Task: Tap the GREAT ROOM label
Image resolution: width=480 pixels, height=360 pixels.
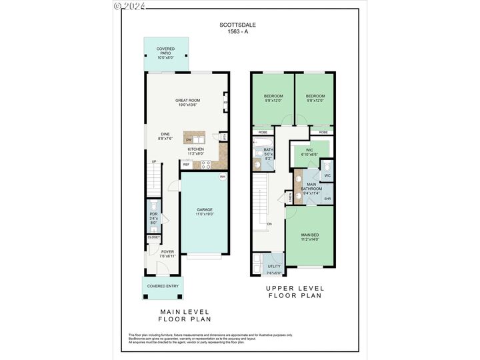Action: click(x=188, y=101)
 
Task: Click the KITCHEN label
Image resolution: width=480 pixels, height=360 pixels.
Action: click(x=195, y=149)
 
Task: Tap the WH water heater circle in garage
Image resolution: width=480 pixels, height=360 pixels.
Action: click(x=222, y=177)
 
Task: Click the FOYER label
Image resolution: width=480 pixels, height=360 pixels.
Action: click(x=167, y=252)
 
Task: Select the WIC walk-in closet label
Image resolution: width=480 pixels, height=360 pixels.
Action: click(x=309, y=150)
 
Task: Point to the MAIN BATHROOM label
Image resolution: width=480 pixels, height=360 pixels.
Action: click(x=311, y=187)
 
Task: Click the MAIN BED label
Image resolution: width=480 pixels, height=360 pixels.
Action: click(x=310, y=234)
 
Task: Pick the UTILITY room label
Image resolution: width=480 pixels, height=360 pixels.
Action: click(x=274, y=266)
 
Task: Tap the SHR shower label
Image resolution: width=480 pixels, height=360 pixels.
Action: click(x=327, y=199)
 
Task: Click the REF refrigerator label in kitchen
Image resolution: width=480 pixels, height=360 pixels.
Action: click(x=186, y=164)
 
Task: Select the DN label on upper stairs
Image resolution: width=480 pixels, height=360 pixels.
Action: click(x=269, y=225)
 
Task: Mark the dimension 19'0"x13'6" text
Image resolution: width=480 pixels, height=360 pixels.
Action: click(x=188, y=105)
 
